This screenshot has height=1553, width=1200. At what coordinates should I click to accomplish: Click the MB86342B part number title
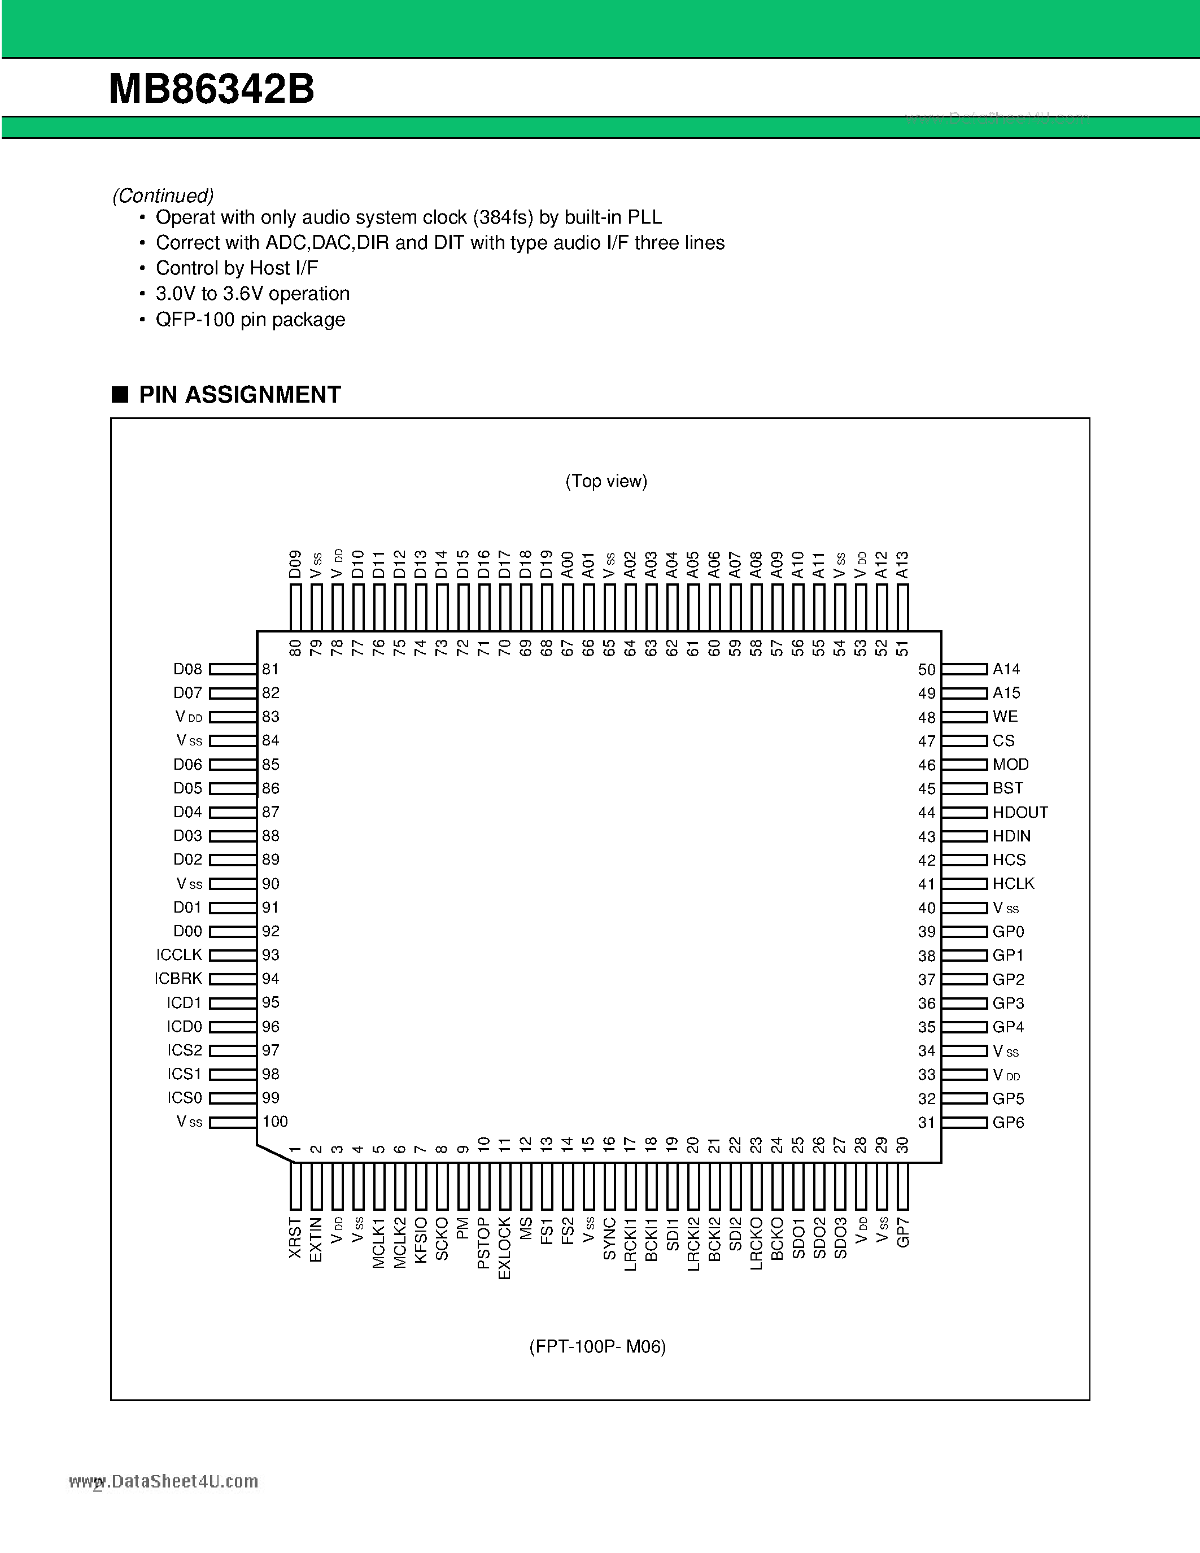pos(211,90)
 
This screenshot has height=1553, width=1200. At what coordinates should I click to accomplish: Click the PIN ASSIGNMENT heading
pos(239,395)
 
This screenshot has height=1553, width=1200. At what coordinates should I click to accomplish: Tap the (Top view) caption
pos(606,481)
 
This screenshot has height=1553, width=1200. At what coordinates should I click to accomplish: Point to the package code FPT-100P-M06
pos(597,1347)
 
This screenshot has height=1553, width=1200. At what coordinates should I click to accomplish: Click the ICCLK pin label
pos(179,955)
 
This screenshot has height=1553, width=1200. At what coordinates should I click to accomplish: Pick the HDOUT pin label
pos(1020,812)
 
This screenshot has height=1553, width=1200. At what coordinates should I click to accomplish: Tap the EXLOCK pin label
pos(505,1249)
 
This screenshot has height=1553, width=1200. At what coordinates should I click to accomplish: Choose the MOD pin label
pos(1010,765)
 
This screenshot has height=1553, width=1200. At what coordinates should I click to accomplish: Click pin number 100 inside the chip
pos(275,1122)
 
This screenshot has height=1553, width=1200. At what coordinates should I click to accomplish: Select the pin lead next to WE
pos(965,717)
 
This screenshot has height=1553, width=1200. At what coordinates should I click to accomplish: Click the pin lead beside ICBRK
pos(233,979)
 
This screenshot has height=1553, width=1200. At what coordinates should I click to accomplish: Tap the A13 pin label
pos(903,565)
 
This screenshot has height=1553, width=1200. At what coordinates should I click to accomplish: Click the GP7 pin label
pos(903,1232)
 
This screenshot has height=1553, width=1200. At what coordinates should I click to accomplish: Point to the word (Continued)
pos(163,195)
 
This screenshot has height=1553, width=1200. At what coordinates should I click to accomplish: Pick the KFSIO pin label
pos(421,1240)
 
